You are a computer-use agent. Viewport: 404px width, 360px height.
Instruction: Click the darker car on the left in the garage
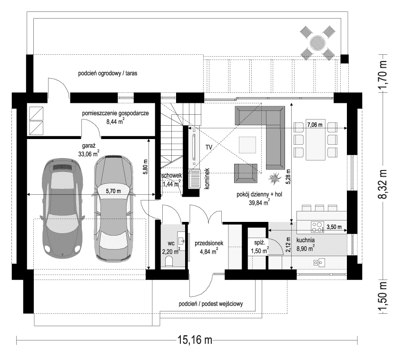(62, 207)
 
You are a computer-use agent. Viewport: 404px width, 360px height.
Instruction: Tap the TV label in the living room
(209, 148)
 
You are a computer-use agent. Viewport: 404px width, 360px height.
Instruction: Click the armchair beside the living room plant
(246, 173)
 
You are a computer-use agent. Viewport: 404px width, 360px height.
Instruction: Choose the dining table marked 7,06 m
(315, 139)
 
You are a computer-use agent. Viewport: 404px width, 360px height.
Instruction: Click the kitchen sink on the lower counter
(318, 262)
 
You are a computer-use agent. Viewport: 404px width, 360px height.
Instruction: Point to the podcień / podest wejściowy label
(211, 304)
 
